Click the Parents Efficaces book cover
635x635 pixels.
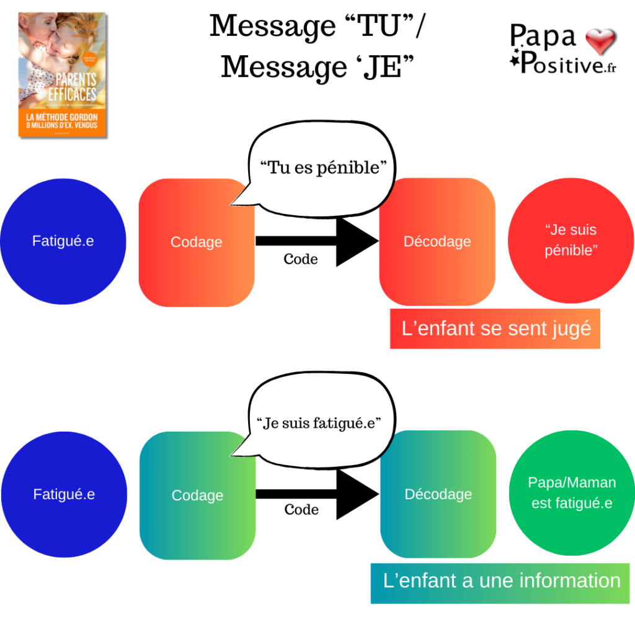pyautogui.click(x=62, y=74)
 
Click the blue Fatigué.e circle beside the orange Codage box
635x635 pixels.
pyautogui.click(x=63, y=241)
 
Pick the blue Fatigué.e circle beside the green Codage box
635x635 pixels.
pyautogui.click(x=64, y=495)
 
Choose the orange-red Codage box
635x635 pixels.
pyautogui.click(x=197, y=242)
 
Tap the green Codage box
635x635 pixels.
pyautogui.click(x=197, y=495)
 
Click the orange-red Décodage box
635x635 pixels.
pyautogui.click(x=437, y=241)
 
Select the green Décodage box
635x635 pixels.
pyautogui.click(x=438, y=494)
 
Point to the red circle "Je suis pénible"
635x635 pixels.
pyautogui.click(x=571, y=241)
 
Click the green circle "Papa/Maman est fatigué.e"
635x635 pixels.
pyautogui.click(x=572, y=493)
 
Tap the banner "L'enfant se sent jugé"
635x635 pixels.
pyautogui.click(x=495, y=329)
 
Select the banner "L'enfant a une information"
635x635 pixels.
pyautogui.click(x=500, y=582)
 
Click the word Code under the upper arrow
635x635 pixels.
pyautogui.click(x=301, y=259)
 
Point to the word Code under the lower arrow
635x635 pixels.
pyautogui.click(x=301, y=510)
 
